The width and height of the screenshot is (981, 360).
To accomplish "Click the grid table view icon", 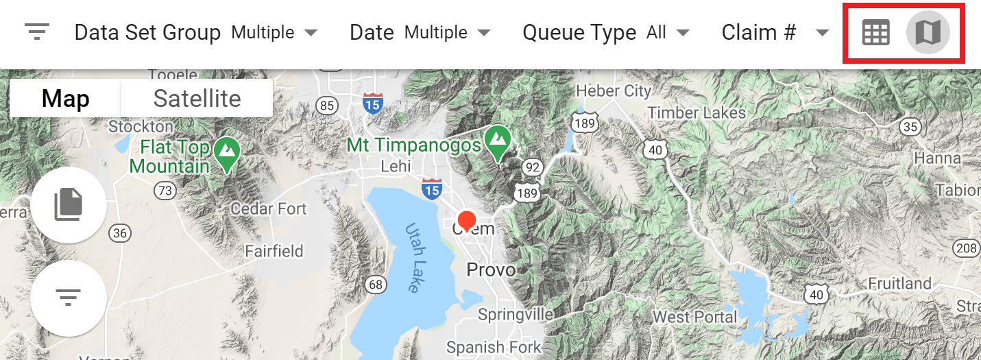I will click(875, 32).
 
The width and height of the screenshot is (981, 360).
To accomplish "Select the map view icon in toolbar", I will click(928, 32).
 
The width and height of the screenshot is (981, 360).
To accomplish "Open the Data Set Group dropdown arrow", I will click(311, 33).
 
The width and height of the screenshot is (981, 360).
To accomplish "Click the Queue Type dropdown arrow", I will click(682, 33).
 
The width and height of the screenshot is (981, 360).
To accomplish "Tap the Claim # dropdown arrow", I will click(823, 33).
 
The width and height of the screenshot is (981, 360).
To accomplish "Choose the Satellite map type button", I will click(197, 99).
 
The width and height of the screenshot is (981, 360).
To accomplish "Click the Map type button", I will click(65, 99).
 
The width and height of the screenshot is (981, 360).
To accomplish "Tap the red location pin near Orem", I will click(467, 221).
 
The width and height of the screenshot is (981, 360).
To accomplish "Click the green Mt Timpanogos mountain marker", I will click(496, 139).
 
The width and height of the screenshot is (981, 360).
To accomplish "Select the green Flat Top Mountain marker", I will click(226, 150).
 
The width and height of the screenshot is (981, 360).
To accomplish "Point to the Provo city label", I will click(491, 270).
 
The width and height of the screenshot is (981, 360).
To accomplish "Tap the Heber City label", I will click(614, 91).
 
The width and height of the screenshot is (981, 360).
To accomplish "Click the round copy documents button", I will click(68, 204).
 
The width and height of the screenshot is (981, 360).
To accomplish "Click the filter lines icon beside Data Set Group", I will click(37, 32).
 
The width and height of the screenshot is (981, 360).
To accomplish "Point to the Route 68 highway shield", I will click(376, 284).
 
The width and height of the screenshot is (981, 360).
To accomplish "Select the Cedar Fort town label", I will click(269, 208).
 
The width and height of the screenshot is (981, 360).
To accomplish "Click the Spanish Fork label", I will click(493, 348).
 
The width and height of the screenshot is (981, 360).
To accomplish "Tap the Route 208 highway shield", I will click(966, 248).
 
